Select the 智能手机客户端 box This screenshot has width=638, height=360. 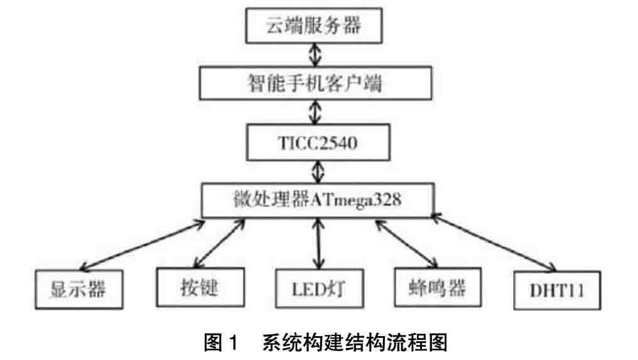(316, 82)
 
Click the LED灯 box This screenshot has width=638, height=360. (319, 289)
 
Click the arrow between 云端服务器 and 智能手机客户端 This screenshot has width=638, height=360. (316, 55)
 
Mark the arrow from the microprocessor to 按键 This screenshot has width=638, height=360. (220, 244)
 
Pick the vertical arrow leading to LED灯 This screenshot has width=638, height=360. (320, 244)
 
